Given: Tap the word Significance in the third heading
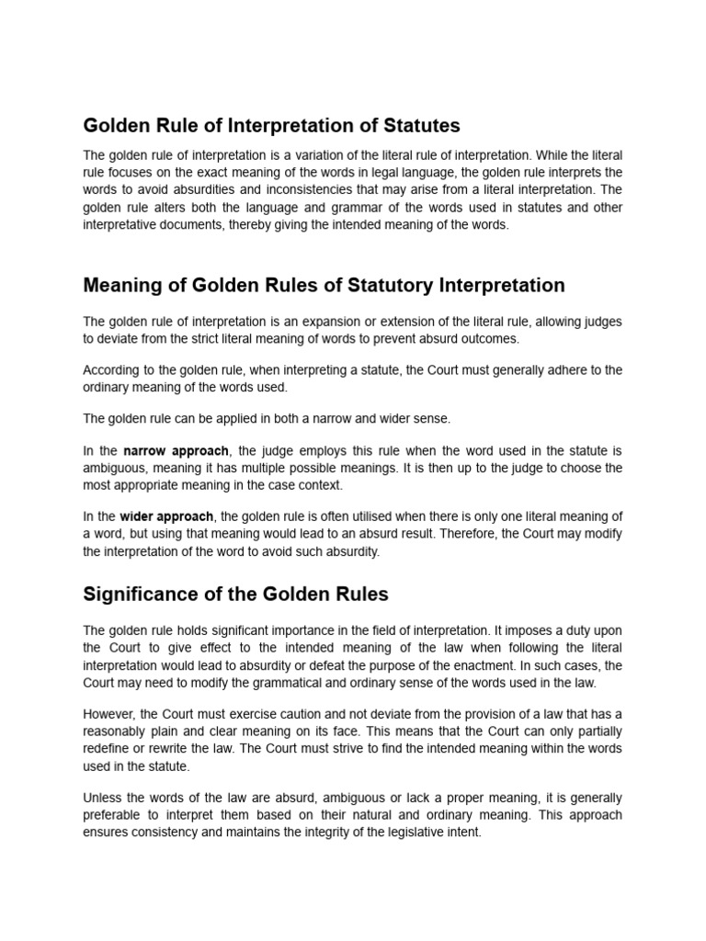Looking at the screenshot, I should pos(138,594).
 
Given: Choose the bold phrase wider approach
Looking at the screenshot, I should pos(166,516).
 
